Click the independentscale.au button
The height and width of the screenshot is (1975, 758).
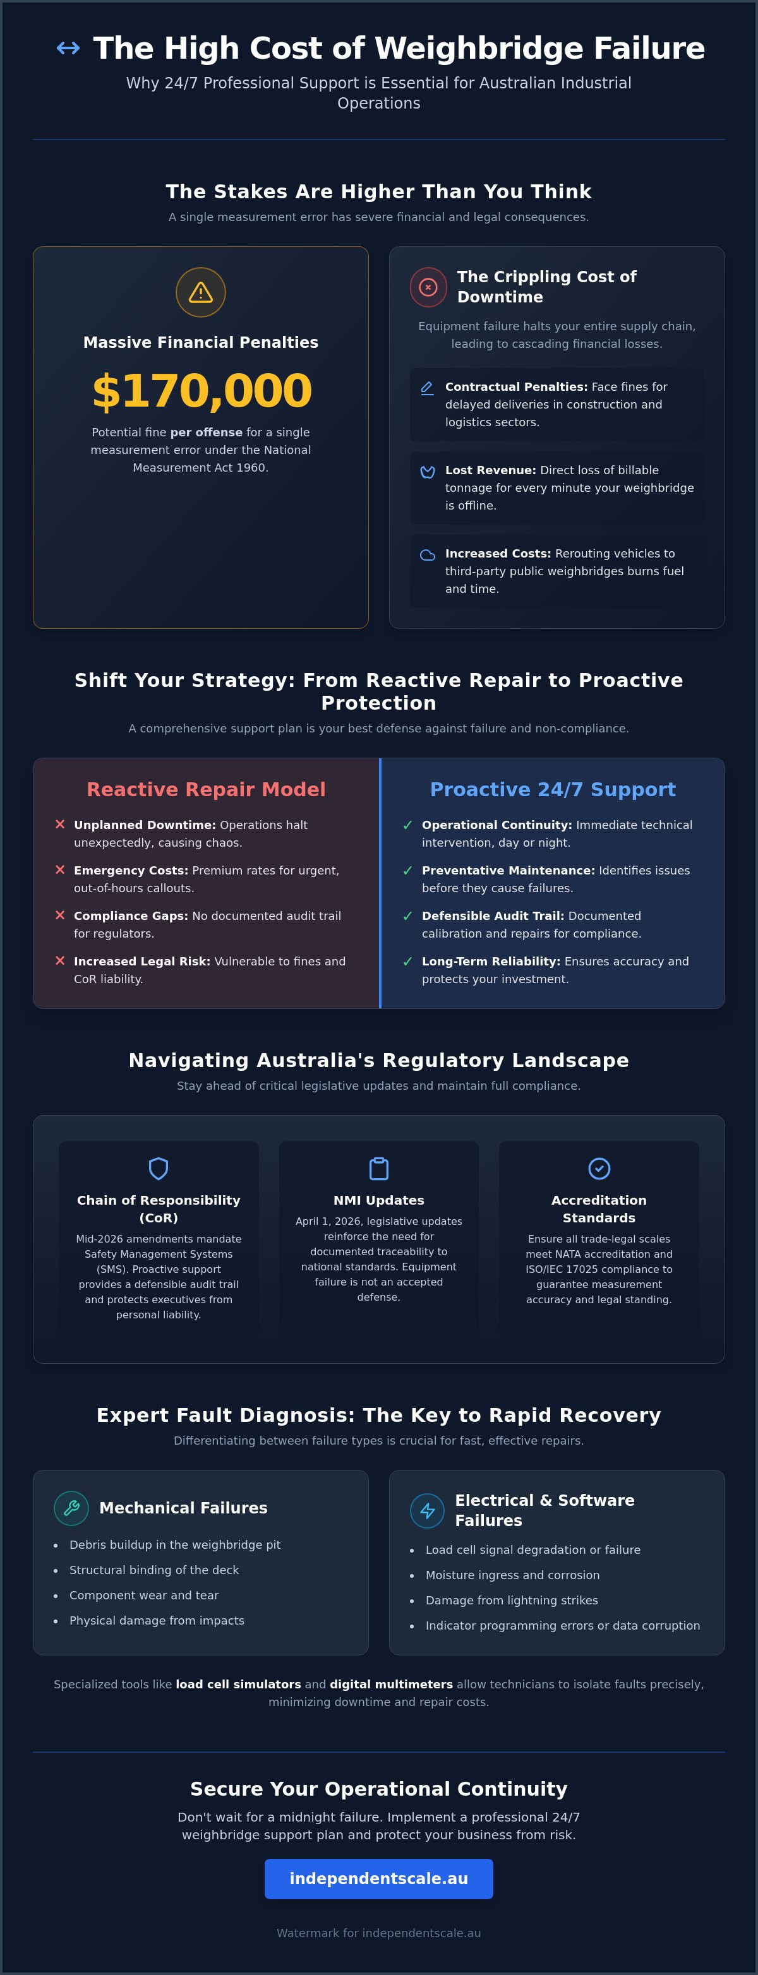[x=379, y=1878]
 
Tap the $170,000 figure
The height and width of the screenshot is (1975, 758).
[x=202, y=390]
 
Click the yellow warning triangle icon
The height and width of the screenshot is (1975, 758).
[x=201, y=292]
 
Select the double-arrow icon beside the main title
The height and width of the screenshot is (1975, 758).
[x=68, y=48]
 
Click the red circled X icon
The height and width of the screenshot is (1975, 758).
[x=428, y=287]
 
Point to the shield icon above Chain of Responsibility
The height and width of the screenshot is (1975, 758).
[x=159, y=1169]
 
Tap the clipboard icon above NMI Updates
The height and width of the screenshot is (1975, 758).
[x=379, y=1169]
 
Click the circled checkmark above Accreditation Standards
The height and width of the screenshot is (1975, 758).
[x=599, y=1169]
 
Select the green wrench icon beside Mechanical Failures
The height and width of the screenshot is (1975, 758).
[x=71, y=1508]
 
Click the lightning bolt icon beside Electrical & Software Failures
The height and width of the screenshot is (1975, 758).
[x=428, y=1510]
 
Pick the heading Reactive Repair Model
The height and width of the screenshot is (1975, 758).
[x=207, y=790]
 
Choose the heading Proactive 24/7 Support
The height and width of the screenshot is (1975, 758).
[x=553, y=790]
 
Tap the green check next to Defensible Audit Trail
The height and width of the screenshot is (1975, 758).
[x=407, y=916]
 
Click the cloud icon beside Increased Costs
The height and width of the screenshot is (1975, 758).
[x=428, y=555]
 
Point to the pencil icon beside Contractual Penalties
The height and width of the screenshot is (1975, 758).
[x=428, y=388]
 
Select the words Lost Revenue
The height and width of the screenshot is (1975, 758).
[x=490, y=470]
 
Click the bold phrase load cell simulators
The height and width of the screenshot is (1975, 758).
[x=238, y=1685]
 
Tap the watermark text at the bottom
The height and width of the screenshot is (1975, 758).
[x=379, y=1933]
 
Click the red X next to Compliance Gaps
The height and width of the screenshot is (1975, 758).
[x=60, y=915]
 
